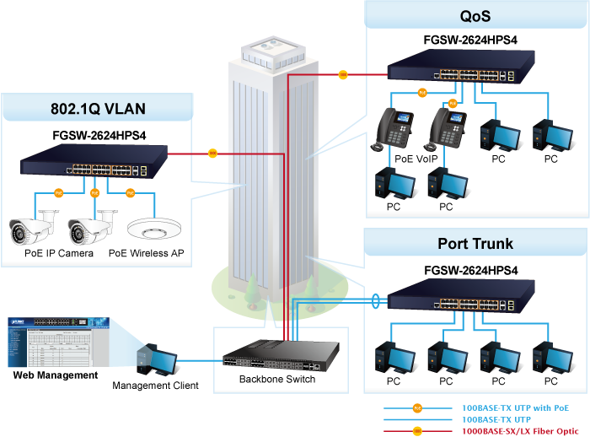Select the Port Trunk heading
[x=475, y=245]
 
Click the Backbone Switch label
[x=277, y=380]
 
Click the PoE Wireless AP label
[x=146, y=253]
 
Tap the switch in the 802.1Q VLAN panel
[x=84, y=159]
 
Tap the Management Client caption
[x=156, y=386]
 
